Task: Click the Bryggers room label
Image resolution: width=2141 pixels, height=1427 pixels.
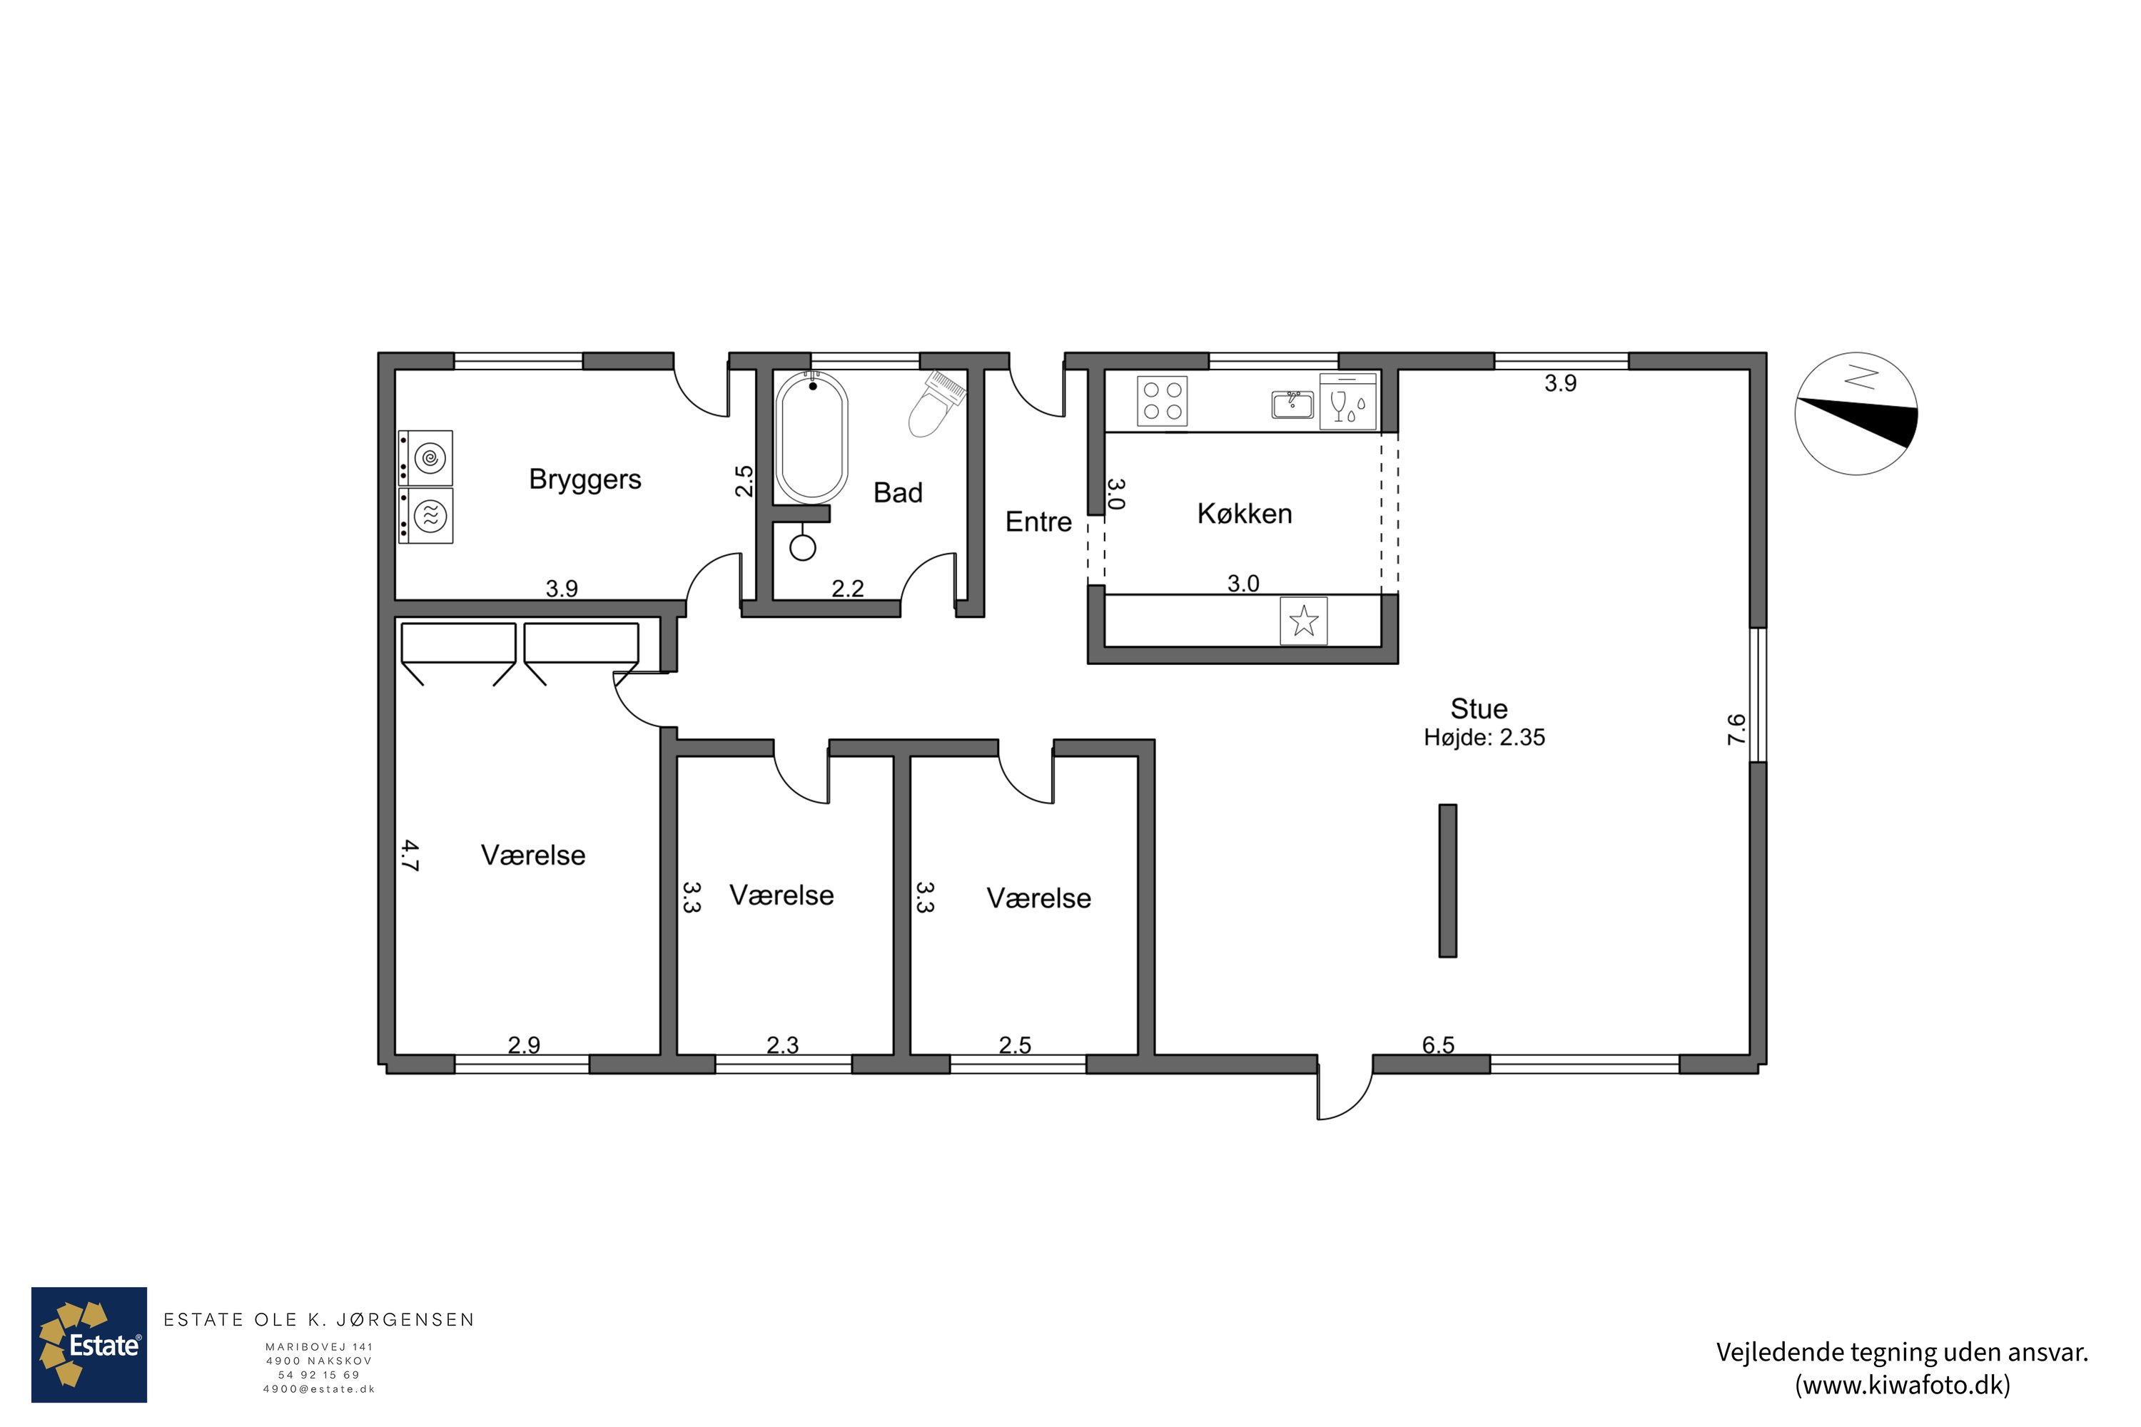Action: [x=585, y=479]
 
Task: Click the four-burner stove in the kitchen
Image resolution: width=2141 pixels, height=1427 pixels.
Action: [x=1163, y=401]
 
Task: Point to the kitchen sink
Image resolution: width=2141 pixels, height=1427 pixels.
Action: [x=1292, y=404]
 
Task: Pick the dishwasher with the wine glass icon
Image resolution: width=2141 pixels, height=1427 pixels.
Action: [x=1348, y=401]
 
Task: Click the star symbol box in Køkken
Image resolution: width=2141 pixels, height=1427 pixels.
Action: [x=1304, y=621]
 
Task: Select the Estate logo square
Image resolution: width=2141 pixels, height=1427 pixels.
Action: [x=89, y=1345]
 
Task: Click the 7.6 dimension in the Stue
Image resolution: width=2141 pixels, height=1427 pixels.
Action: [x=1736, y=730]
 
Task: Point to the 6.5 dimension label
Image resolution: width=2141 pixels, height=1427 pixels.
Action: [x=1438, y=1045]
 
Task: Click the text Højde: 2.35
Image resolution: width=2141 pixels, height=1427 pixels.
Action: [x=1484, y=737]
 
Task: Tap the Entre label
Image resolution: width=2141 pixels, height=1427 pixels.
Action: [x=1038, y=522]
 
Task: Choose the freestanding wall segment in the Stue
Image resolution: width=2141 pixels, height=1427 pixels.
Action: [x=1447, y=880]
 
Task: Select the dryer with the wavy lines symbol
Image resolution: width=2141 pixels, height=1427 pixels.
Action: [x=426, y=516]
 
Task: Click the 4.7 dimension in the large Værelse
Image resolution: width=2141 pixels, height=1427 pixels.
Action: [x=410, y=855]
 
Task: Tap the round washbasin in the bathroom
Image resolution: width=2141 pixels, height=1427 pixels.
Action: [x=803, y=547]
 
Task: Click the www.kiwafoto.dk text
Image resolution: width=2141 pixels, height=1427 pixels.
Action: [x=1903, y=1385]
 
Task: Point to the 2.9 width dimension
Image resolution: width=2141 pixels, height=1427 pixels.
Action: [x=525, y=1045]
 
